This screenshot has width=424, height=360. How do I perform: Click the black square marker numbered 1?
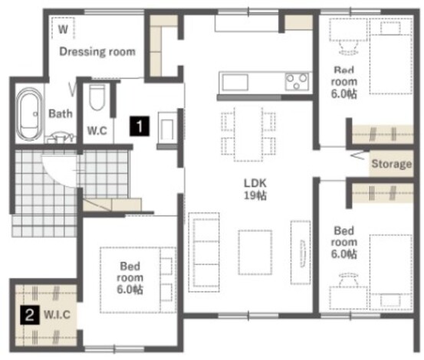[140, 126]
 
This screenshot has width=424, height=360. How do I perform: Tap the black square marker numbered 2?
[30, 315]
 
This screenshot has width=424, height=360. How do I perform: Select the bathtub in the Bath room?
[29, 114]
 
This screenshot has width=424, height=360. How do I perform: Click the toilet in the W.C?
[97, 97]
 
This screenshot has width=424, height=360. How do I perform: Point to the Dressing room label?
[97, 51]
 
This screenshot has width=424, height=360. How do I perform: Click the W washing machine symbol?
[63, 28]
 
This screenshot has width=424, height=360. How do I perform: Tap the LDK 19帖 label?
[255, 189]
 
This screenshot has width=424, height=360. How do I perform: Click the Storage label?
[392, 164]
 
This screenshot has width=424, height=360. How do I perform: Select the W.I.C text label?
[57, 315]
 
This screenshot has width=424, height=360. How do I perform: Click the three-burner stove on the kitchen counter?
[297, 81]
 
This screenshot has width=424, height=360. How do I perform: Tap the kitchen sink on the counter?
[235, 82]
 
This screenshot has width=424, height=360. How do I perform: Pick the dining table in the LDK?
[248, 134]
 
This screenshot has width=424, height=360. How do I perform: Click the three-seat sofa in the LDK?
[204, 252]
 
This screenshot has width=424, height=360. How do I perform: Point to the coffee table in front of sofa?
[255, 252]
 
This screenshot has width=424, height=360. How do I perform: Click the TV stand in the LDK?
[301, 253]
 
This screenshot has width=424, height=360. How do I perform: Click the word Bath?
[61, 113]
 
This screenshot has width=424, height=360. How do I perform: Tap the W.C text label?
[97, 131]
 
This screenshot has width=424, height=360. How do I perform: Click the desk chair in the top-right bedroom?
[348, 47]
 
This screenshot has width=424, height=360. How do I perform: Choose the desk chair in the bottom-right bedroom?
[348, 280]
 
